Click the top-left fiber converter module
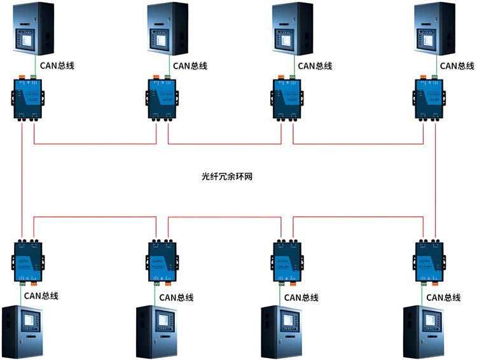click(x=27, y=97)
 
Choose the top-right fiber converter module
click(x=429, y=97)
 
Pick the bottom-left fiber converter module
click(x=29, y=260)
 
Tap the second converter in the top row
click(x=162, y=97)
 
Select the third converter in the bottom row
click(x=285, y=260)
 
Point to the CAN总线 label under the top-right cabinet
click(x=457, y=65)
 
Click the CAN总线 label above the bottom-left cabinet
click(x=41, y=296)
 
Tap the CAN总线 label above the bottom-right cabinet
click(x=443, y=297)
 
